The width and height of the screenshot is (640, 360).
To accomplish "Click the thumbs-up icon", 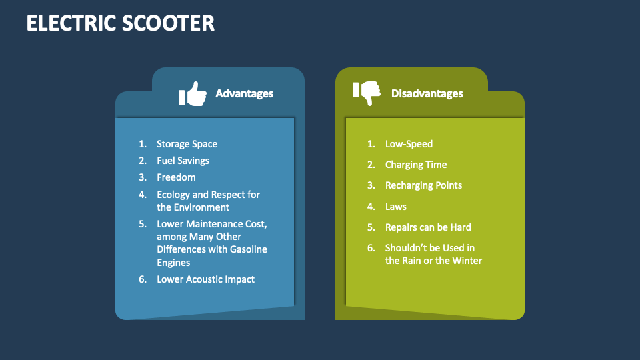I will pos(192,94).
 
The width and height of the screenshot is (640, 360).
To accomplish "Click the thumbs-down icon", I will pos(366,93).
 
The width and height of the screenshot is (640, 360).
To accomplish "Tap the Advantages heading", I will pos(244,93).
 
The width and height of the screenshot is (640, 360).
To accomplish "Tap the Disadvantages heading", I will pos(427,93).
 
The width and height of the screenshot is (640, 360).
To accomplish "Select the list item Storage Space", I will pos(187,144).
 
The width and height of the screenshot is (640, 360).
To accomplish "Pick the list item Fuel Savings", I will pos(183,161).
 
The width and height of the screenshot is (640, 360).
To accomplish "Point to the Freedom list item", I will pos(176,177).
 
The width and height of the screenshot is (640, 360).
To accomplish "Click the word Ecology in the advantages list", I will pos(173,195).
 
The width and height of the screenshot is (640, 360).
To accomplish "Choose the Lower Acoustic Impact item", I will pos(205,279).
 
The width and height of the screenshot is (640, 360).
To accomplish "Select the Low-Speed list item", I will pos(409,144).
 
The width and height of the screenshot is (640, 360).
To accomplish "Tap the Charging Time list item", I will pos(416,165).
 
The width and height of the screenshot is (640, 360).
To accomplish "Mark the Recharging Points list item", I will pos(423,185).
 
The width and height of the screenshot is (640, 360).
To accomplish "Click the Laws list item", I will pos(395,207).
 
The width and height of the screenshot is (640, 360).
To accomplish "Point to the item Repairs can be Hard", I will pos(428,227).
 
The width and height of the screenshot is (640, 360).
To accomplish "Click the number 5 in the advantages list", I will pos(142,224).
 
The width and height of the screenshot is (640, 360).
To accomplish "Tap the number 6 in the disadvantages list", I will pos(371,248).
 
